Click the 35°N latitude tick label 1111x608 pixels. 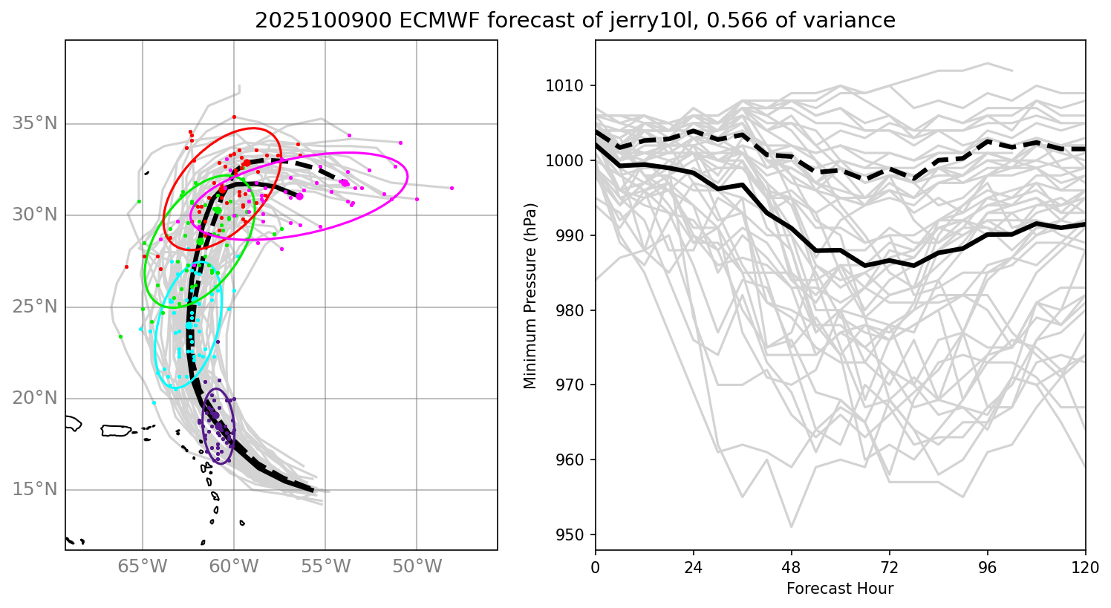tap(34, 123)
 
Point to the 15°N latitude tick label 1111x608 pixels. tap(34, 490)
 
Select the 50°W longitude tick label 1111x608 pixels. tap(417, 568)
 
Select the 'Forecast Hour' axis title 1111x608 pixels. tap(840, 589)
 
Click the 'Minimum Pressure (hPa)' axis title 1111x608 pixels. tap(530, 295)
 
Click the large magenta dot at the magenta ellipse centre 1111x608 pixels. tap(344, 183)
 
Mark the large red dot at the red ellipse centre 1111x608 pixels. tap(246, 163)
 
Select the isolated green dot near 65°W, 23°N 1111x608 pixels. tap(120, 336)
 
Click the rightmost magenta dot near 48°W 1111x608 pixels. tap(452, 189)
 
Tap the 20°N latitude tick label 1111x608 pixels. tap(34, 399)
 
